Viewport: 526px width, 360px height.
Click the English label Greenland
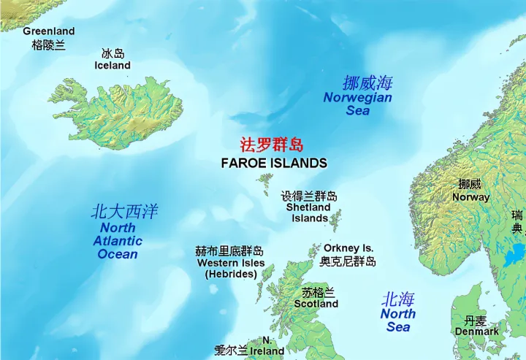coord(48,31)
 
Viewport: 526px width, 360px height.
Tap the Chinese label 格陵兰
coord(48,45)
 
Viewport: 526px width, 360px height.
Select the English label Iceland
coord(113,66)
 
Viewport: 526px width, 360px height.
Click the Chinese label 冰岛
coord(113,53)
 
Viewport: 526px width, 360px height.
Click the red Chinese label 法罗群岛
coord(272,145)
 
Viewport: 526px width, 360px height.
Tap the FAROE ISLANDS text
coord(274,163)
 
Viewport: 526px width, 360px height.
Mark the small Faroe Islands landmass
coord(264,177)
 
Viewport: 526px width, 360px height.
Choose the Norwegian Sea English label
coord(358,104)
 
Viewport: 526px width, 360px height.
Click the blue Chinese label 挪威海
coord(367,83)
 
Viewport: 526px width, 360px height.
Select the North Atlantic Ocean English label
coord(118,241)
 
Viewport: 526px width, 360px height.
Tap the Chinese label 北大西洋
coord(124,212)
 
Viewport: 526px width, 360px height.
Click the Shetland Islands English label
coord(310,212)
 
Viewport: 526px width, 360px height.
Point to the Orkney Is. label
coord(348,248)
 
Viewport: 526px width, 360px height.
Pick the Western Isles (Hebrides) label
coord(231,268)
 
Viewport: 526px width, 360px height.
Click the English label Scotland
coord(316,304)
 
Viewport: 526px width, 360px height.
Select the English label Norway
coord(470,197)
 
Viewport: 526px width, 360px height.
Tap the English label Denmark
coord(477,332)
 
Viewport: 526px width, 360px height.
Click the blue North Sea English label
coord(398,321)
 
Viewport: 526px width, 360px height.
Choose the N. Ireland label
coord(262,346)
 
